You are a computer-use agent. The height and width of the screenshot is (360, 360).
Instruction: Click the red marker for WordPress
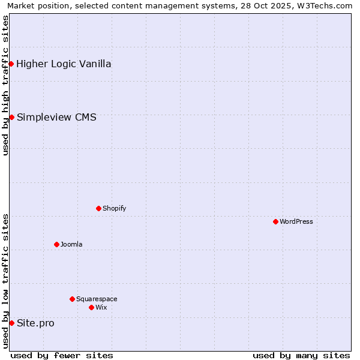275,221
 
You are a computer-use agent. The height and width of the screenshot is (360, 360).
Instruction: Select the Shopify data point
98,208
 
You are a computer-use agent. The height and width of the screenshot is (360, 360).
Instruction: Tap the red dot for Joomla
56,244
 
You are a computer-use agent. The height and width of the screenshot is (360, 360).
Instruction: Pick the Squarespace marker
72,299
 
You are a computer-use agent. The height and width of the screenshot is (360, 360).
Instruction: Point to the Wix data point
91,307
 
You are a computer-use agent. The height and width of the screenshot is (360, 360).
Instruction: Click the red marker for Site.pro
11,323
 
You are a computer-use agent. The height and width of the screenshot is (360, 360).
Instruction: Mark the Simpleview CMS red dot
11,117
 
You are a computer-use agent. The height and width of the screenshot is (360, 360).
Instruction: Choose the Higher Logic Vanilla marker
11,64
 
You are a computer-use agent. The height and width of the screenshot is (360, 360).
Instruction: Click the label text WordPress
296,221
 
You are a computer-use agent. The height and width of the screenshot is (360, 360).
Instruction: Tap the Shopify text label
114,208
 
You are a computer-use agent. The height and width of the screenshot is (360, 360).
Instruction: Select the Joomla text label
71,244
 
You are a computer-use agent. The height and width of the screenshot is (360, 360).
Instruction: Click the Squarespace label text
97,299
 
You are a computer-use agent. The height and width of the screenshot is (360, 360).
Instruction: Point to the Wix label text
101,307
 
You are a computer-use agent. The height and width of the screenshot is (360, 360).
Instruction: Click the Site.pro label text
35,323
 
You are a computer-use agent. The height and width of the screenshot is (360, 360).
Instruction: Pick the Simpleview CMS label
56,117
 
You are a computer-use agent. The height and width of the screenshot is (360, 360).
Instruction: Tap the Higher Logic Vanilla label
64,64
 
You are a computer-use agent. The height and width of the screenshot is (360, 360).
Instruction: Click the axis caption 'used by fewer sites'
62,355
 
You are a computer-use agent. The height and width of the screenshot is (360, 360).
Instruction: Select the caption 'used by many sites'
301,355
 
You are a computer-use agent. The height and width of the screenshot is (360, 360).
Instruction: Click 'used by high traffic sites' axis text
5,85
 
